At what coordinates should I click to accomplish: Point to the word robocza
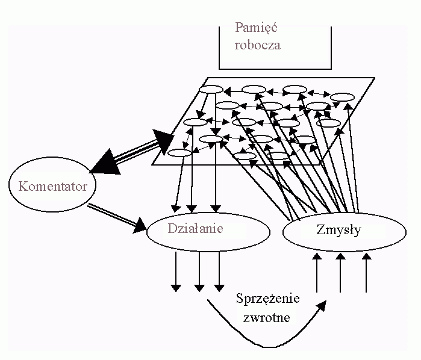pos(258,45)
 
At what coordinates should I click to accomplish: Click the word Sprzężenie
pos(269,299)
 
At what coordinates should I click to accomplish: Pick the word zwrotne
pos(267,317)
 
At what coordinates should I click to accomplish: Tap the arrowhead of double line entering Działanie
pos(142,228)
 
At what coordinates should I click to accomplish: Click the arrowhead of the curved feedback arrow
pos(323,305)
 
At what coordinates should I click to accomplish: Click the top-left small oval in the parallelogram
pos(211,90)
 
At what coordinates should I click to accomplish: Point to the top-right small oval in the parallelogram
pos(341,97)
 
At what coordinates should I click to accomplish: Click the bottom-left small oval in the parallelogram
pos(179,152)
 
